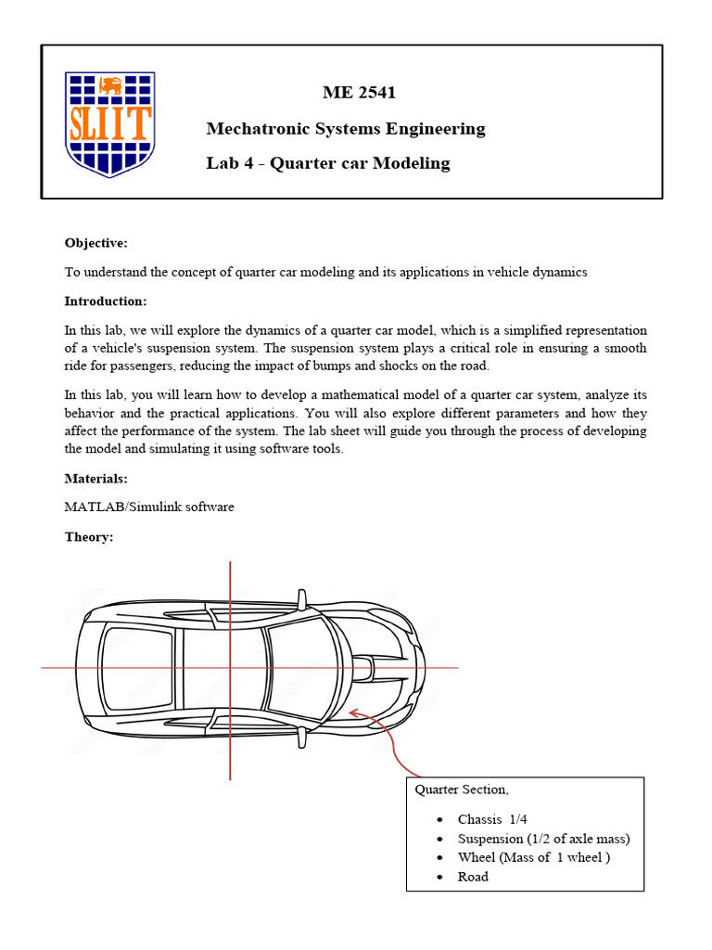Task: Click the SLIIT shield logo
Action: [108, 123]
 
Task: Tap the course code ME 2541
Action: [360, 93]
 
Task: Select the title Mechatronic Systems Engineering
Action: [346, 128]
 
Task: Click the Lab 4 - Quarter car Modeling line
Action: [328, 163]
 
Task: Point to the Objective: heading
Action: [95, 243]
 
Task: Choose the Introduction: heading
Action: [105, 302]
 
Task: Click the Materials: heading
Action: [95, 479]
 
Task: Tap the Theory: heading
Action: [88, 537]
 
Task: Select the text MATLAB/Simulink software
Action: [149, 507]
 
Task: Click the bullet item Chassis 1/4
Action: [492, 819]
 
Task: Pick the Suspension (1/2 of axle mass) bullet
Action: [543, 839]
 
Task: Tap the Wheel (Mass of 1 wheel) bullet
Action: [533, 857]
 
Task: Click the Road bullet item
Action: [473, 877]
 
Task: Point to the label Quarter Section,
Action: [461, 790]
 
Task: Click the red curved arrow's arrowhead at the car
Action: [351, 713]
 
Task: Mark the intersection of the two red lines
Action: [230, 667]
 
